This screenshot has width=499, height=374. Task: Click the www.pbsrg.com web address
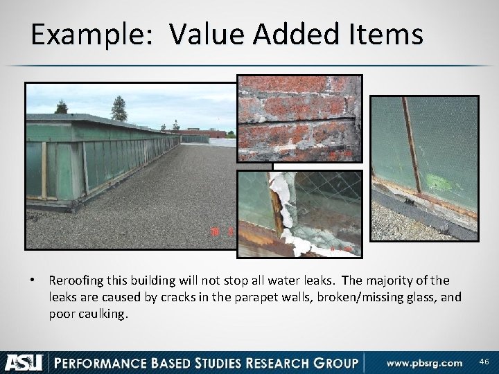tap(424, 362)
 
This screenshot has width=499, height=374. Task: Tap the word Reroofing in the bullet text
tap(78, 280)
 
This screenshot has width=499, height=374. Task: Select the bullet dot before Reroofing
tap(33, 281)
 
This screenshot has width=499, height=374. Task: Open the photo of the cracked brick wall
tap(299, 118)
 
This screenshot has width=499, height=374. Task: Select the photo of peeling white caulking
tap(299, 209)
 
